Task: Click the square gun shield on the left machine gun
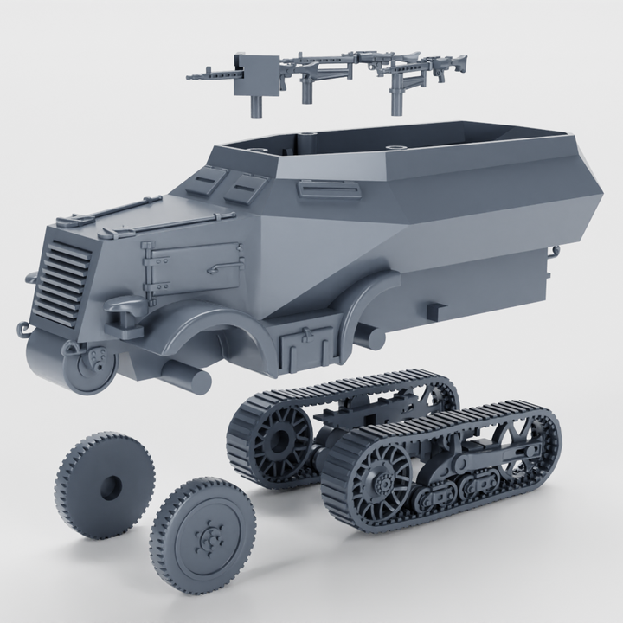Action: pyautogui.click(x=254, y=68)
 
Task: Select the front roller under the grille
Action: pyautogui.click(x=91, y=369)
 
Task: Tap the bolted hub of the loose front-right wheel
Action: pyautogui.click(x=209, y=536)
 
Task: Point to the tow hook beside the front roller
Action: pyautogui.click(x=24, y=328)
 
